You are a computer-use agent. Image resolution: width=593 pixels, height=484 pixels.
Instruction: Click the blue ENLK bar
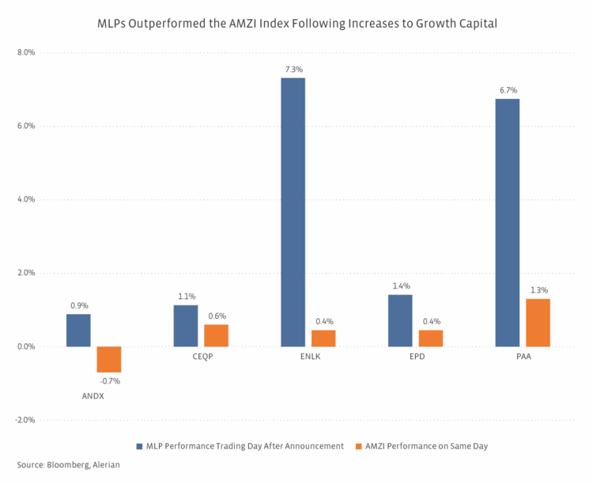coord(293,212)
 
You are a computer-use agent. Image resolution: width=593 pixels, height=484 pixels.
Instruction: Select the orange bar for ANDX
coord(109,359)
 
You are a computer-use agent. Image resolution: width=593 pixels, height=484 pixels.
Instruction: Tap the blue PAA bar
coord(507,222)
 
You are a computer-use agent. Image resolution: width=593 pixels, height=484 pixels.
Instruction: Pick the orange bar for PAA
coord(538,323)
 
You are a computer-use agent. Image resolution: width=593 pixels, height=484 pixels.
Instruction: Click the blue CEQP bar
coord(186,326)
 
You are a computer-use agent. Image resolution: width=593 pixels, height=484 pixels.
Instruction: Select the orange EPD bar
coord(431,338)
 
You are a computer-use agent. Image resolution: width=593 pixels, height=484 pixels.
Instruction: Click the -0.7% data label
coord(110,381)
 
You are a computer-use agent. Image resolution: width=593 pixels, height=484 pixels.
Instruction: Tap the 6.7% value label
coord(508,90)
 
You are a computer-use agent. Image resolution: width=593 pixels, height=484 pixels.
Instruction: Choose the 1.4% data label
coord(401,285)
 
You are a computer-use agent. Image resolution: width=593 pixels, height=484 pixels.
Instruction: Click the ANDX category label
coord(93,395)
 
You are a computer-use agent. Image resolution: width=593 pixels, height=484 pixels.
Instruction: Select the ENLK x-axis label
coord(308,357)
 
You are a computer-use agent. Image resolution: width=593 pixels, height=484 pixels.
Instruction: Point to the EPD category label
coord(415,357)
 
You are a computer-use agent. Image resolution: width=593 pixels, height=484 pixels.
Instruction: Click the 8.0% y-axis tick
coord(26,53)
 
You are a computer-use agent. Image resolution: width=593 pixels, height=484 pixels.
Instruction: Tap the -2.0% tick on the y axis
coord(25,420)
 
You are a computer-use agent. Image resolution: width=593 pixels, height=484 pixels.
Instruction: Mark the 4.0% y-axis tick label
coord(26,200)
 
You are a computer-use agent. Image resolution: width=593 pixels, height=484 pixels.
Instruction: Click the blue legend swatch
coord(139,446)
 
